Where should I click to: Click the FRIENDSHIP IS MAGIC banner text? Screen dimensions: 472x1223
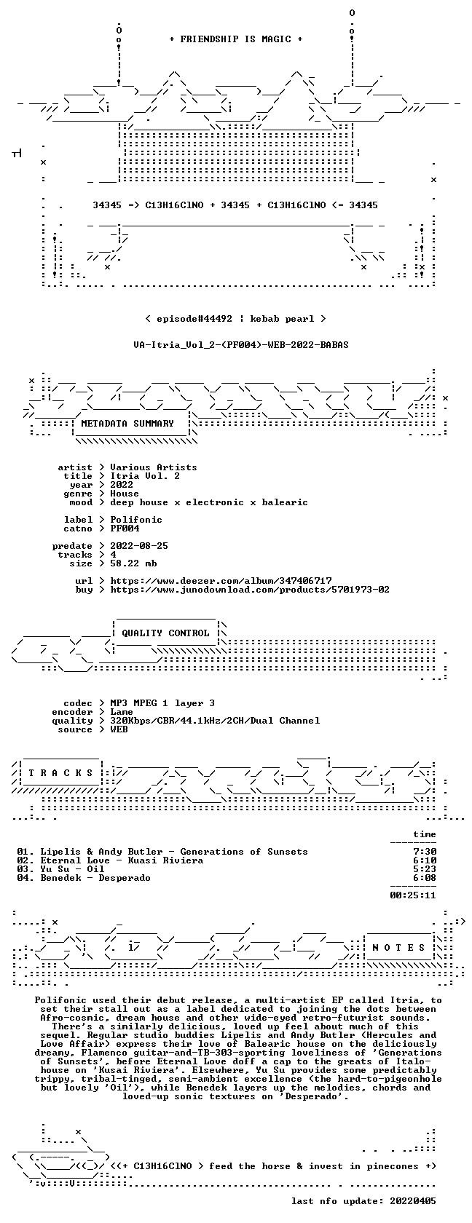(x=235, y=39)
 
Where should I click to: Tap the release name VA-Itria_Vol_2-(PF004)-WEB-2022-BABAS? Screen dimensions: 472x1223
(x=241, y=345)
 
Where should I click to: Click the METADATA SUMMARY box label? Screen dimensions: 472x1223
(x=127, y=424)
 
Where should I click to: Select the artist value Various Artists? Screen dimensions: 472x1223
(x=154, y=467)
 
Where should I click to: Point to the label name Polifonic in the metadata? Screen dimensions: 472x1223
(x=136, y=520)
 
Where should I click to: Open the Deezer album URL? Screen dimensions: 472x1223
(x=221, y=581)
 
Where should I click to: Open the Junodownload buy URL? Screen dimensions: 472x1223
(x=250, y=590)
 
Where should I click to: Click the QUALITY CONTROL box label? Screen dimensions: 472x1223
(x=165, y=633)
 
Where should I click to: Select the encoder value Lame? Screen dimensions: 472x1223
(x=121, y=712)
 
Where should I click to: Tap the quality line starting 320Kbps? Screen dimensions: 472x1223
(x=215, y=721)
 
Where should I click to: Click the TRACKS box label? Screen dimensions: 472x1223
(x=60, y=773)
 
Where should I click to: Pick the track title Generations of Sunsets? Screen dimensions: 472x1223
(x=243, y=852)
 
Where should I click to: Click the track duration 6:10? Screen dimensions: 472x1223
(x=425, y=860)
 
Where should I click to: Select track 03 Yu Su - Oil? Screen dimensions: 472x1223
(x=60, y=869)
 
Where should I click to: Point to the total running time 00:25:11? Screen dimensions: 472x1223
(x=413, y=895)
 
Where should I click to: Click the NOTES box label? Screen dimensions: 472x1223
(x=398, y=948)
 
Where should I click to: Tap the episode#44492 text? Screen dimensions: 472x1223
(x=194, y=319)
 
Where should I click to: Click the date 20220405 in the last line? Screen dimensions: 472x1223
(x=413, y=1201)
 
